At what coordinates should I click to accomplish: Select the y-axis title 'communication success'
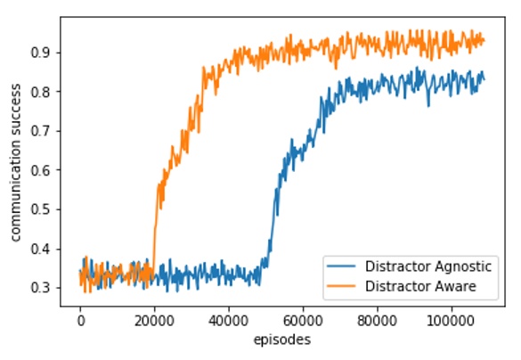[15, 164]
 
